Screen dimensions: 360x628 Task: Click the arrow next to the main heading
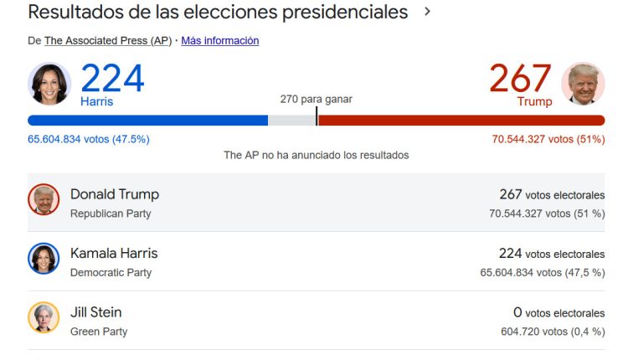coord(428,13)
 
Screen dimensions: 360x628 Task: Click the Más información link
coord(220,40)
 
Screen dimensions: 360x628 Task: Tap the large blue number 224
coord(112,79)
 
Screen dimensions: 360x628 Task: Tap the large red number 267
coord(521,79)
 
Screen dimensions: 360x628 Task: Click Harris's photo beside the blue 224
coord(49,84)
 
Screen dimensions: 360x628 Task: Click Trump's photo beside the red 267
coord(584,84)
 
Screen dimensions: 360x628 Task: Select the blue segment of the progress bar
coord(147,121)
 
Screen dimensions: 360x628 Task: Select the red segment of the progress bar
coord(461,121)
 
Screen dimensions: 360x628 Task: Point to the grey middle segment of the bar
coord(291,121)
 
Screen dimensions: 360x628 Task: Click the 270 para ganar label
coord(316,99)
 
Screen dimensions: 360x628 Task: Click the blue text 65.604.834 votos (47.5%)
coord(89,139)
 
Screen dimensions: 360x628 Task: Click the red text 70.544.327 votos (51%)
coord(548,139)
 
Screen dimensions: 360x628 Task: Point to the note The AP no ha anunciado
coord(316,155)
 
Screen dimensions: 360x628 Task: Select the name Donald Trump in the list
coord(115,194)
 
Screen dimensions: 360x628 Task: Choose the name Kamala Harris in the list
coord(114,253)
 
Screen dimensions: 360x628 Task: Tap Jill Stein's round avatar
coord(44,317)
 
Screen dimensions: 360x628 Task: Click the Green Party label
coord(99,332)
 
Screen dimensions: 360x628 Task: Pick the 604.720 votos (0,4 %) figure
coord(552,332)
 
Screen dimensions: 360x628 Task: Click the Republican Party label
coord(111,213)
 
